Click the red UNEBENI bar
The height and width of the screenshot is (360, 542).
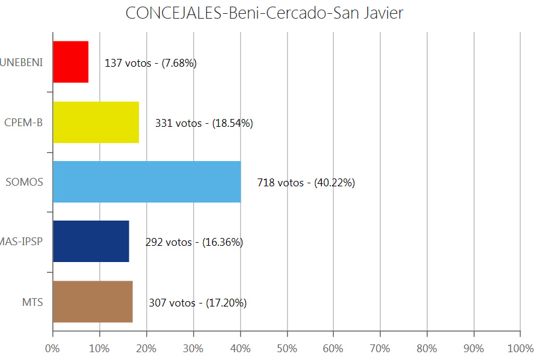(x=70, y=62)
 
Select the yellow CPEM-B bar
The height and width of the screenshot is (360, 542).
(x=96, y=122)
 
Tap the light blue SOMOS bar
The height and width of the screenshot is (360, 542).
(x=147, y=182)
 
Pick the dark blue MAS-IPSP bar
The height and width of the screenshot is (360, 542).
(x=91, y=241)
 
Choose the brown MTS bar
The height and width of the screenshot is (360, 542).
(x=93, y=301)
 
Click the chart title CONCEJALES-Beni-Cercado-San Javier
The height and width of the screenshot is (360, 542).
(x=264, y=13)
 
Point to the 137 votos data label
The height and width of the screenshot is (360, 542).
(x=150, y=63)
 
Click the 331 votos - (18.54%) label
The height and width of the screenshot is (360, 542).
(x=204, y=123)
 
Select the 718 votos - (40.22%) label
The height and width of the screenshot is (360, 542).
(x=306, y=183)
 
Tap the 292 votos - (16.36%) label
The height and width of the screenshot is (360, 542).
(x=194, y=242)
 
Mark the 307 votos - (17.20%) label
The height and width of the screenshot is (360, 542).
(x=197, y=302)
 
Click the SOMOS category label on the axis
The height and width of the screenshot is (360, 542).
(x=25, y=182)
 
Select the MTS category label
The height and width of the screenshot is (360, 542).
(x=32, y=302)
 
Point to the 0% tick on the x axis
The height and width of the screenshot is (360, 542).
(x=52, y=349)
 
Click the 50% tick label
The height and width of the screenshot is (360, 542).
(x=286, y=349)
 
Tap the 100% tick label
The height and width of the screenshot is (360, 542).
(x=520, y=349)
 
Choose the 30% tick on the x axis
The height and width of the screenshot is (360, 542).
(x=193, y=349)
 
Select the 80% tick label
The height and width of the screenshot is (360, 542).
(x=427, y=349)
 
